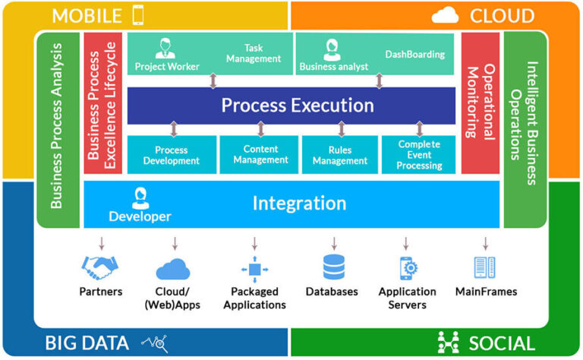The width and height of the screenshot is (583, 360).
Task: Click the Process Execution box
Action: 291,105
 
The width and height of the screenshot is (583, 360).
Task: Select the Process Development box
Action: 172,155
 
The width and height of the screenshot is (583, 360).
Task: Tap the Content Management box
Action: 260,155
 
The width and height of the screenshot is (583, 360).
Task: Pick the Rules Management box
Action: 341,155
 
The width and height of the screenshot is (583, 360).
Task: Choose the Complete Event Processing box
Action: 420,155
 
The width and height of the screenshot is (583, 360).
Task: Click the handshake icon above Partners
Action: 100,268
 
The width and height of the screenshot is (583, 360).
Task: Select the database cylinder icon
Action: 333,268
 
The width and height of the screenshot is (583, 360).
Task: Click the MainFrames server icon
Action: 485,267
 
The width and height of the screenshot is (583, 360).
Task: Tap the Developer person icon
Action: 140,198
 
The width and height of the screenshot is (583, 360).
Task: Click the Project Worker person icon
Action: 165,48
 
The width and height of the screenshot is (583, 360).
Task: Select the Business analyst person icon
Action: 331,49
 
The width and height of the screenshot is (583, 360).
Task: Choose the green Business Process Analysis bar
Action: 58,129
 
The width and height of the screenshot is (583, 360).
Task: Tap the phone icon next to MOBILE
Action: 138,14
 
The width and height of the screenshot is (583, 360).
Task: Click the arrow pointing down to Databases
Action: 333,243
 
